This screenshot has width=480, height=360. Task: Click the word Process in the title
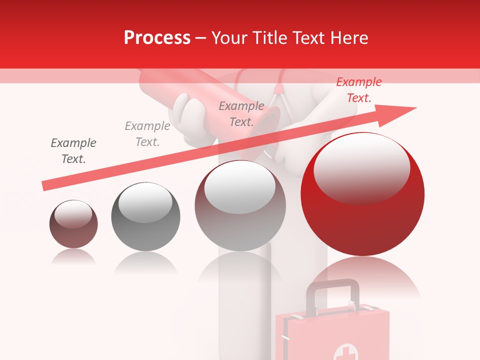[x=157, y=38]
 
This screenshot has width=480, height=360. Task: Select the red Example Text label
[x=358, y=90]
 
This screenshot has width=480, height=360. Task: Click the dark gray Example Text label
[x=73, y=151]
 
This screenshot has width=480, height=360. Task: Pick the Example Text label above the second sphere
[x=147, y=134]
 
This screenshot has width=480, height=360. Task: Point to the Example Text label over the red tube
[x=241, y=113]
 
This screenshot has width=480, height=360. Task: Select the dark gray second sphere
[x=145, y=217]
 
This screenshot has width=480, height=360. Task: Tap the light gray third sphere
[x=240, y=206]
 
